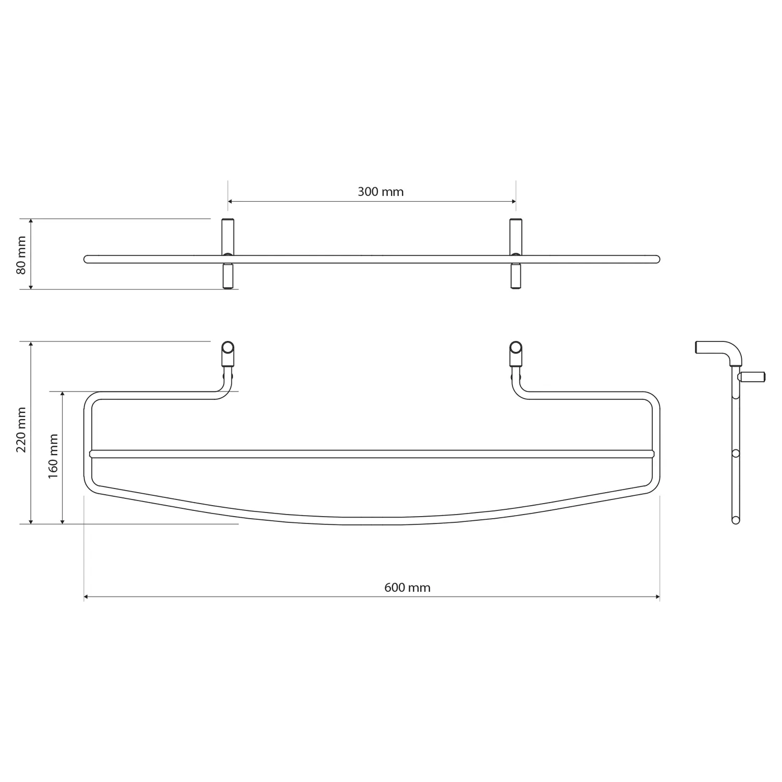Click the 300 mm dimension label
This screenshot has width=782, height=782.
point(381,192)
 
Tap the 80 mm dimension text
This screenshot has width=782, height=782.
point(21,255)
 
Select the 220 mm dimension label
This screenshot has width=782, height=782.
point(21,430)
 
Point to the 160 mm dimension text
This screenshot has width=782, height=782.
point(53,456)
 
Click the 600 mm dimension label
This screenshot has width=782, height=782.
point(407,588)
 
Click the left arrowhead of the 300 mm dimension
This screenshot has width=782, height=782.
point(230,202)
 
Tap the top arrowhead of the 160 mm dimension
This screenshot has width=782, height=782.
point(63,394)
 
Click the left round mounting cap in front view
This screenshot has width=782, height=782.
point(228,348)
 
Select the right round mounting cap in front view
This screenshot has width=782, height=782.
point(516,348)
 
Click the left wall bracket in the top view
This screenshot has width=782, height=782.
point(228,254)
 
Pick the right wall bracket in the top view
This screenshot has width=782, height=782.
point(516,254)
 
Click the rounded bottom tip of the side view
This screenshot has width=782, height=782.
point(736,520)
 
